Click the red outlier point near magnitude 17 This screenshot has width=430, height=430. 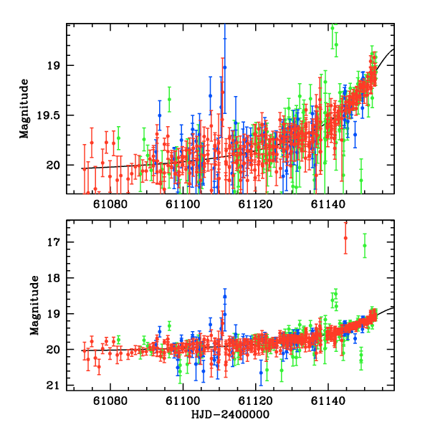345,237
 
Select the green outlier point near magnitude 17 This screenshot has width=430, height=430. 365,245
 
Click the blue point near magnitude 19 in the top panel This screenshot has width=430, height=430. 224,67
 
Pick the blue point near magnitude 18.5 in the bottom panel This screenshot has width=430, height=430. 224,296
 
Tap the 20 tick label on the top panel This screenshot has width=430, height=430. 54,165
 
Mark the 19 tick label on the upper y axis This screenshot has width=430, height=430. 54,65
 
